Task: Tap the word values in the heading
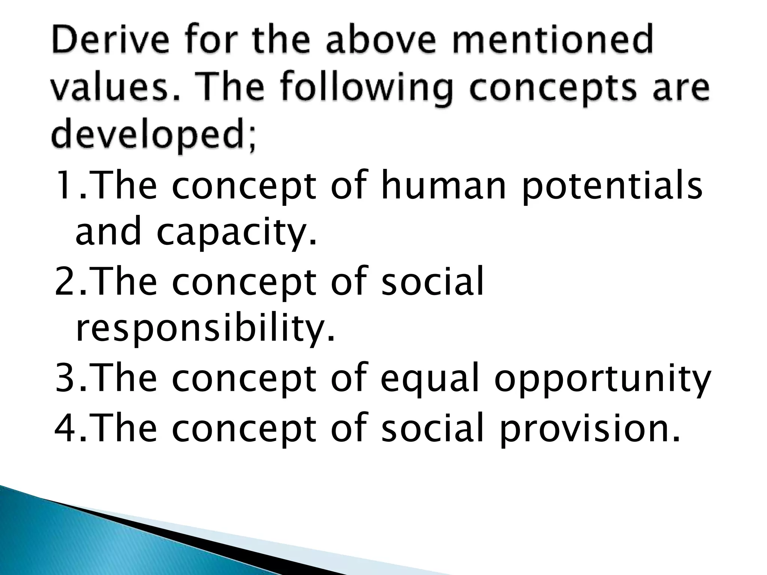tap(107, 88)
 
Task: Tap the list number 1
tap(65, 186)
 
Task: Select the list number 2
tap(65, 282)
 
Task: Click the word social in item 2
tap(432, 282)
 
